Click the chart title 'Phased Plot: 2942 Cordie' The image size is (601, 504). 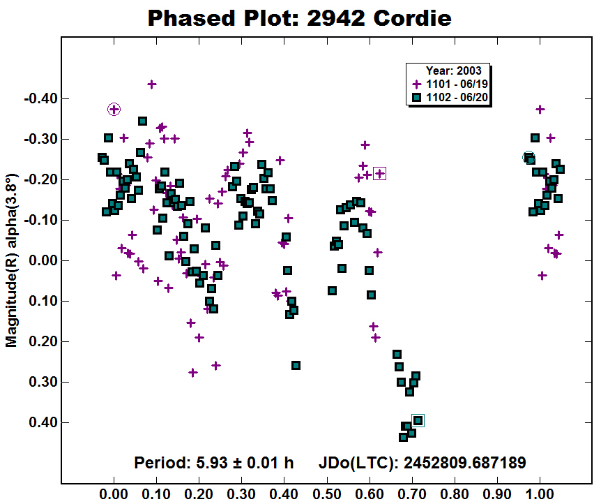tap(299, 18)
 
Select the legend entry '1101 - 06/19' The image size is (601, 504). tap(450, 84)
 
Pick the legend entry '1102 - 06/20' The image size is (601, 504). tap(450, 97)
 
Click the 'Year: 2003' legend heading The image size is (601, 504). tap(453, 71)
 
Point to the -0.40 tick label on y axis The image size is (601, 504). tap(40, 98)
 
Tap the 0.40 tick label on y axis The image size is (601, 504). tap(43, 422)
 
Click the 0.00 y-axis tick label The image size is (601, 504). tap(43, 260)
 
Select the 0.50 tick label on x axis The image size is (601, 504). tap(326, 494)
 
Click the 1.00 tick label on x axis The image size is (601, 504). tap(540, 494)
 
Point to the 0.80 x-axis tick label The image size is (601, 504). tap(455, 494)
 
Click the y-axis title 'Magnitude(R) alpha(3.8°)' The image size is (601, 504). tap(11, 260)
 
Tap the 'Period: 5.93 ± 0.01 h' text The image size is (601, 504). tap(214, 463)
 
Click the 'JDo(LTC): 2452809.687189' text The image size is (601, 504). tap(423, 463)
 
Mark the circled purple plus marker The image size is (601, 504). tap(114, 110)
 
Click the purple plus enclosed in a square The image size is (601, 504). tap(379, 174)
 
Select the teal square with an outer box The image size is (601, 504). tap(418, 421)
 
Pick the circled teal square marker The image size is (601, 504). tap(529, 157)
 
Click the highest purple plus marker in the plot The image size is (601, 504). tap(152, 84)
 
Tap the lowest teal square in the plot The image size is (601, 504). tap(403, 437)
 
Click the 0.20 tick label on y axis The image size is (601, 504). tap(43, 341)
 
